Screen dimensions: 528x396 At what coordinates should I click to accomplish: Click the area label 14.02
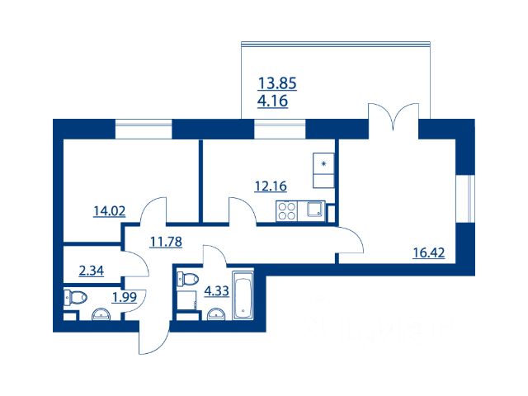(110, 211)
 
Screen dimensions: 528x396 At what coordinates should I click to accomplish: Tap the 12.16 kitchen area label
(271, 186)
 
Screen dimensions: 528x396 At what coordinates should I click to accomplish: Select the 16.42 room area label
(429, 252)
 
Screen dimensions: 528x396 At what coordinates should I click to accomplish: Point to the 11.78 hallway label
(166, 242)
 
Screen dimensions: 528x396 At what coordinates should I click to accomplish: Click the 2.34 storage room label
(92, 271)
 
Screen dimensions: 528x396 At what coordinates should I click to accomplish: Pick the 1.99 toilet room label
(125, 297)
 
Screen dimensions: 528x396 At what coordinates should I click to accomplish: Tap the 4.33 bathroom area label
(216, 290)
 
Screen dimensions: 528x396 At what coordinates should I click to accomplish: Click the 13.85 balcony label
(277, 83)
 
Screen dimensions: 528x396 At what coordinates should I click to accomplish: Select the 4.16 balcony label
(273, 101)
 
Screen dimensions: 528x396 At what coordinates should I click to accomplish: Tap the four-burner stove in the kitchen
(286, 211)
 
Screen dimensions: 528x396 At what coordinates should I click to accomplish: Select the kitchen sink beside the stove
(315, 209)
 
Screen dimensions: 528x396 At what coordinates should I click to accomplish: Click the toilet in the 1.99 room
(75, 297)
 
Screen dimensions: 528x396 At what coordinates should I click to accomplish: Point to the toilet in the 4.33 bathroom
(187, 279)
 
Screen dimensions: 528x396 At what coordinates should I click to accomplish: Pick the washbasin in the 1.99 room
(101, 313)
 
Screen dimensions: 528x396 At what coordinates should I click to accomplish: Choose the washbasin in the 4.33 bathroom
(216, 313)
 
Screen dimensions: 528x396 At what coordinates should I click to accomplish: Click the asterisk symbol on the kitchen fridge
(323, 164)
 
